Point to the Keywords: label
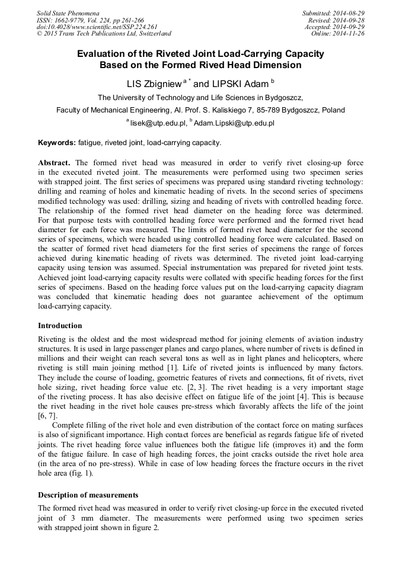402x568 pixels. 57,143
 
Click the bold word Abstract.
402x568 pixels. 54,162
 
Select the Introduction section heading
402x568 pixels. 60,326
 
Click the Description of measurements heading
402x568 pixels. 88,495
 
